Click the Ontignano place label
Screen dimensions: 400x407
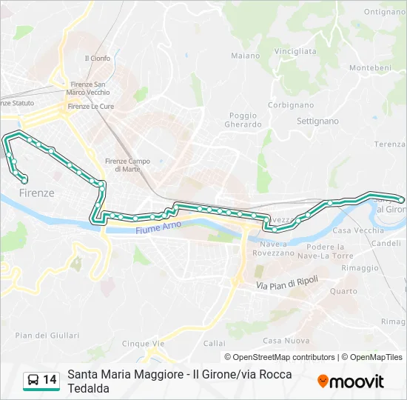[385, 12]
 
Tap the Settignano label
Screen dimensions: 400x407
[317, 121]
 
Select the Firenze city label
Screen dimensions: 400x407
[33, 193]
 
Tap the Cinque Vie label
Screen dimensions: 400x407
[144, 344]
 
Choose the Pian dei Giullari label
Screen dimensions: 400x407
[36, 336]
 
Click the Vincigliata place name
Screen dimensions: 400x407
[295, 51]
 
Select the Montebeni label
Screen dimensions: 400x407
[370, 67]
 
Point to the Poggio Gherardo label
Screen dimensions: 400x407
[243, 120]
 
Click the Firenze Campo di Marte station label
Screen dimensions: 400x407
[127, 165]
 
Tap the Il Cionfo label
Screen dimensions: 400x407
[97, 59]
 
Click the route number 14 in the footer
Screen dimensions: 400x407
[50, 380]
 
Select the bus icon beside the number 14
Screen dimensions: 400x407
[33, 380]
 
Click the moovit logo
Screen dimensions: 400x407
[351, 381]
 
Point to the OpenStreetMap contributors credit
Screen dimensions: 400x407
[280, 357]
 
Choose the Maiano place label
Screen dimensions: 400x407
[246, 56]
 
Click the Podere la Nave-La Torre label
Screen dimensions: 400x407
[331, 250]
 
